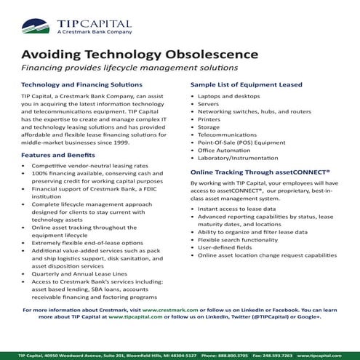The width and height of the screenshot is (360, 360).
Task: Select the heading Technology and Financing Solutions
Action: tap(77, 84)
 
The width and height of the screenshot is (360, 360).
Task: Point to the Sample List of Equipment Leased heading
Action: tap(247, 84)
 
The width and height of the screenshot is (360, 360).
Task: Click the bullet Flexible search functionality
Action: tap(238, 237)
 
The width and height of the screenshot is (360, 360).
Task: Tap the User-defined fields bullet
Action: tap(225, 247)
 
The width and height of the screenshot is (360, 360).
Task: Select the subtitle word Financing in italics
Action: tap(44, 68)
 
